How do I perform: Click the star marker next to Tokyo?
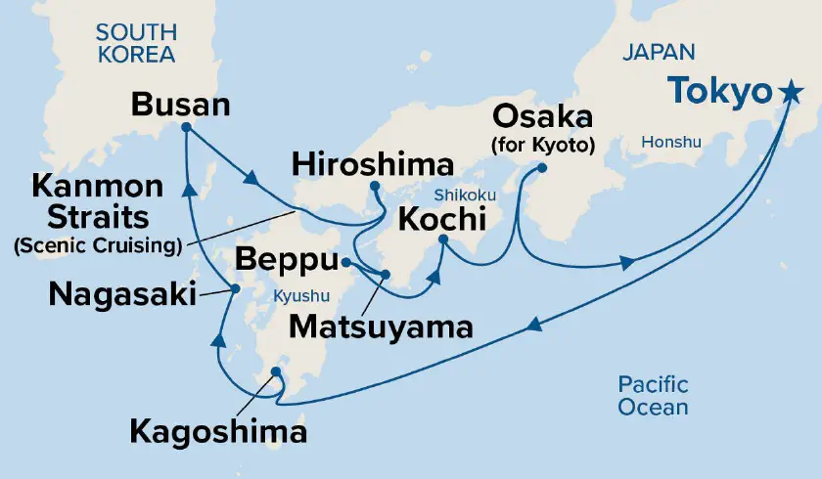pyautogui.click(x=790, y=94)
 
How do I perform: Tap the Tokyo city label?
pyautogui.click(x=720, y=94)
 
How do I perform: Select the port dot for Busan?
pyautogui.click(x=186, y=127)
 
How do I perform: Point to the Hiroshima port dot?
pyautogui.click(x=374, y=186)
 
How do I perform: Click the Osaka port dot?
pyautogui.click(x=541, y=168)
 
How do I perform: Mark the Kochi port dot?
pyautogui.click(x=443, y=239)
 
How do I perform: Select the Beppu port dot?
pyautogui.click(x=345, y=262)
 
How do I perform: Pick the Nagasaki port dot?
pyautogui.click(x=234, y=288)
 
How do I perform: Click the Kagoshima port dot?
pyautogui.click(x=276, y=371)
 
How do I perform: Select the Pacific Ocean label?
pyautogui.click(x=653, y=396)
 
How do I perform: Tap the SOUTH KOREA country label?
pyautogui.click(x=135, y=44)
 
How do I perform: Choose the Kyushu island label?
pyautogui.click(x=300, y=294)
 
